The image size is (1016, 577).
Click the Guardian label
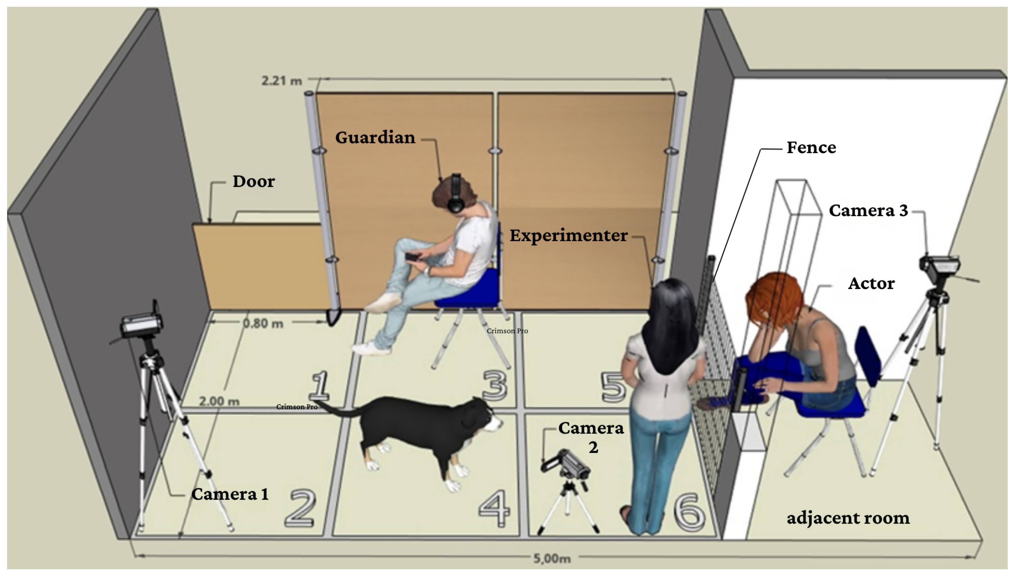[x=375, y=137]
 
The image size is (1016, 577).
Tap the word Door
[x=253, y=182]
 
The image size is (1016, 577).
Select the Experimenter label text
[x=568, y=235]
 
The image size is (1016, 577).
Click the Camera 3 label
[x=868, y=211]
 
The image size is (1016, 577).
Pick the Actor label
[x=871, y=283]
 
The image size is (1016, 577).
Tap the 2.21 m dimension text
[x=282, y=81]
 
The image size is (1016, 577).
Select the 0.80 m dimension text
[x=263, y=323]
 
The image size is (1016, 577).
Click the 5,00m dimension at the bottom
[x=552, y=558]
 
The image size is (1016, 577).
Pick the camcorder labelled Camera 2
[x=565, y=464]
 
